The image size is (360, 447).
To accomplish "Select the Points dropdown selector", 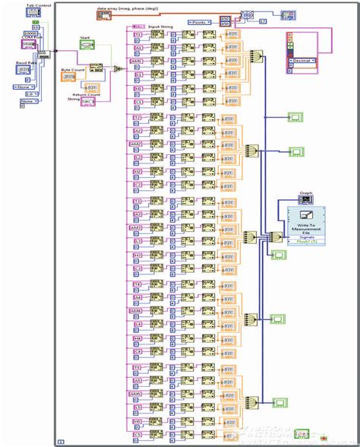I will tap(200, 23).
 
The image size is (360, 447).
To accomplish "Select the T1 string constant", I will tap(137, 36).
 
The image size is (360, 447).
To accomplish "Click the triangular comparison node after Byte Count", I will tap(117, 69).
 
